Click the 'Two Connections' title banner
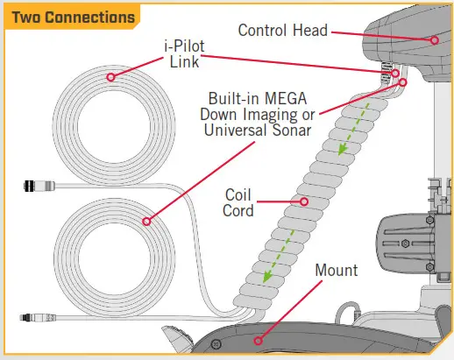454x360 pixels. pyautogui.click(x=73, y=17)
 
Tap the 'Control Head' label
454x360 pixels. pyautogui.click(x=283, y=31)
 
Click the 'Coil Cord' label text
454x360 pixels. pyautogui.click(x=238, y=203)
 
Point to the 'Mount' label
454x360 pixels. pyautogui.click(x=337, y=270)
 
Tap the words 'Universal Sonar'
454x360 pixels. pyautogui.click(x=258, y=131)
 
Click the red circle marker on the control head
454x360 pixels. pyautogui.click(x=435, y=40)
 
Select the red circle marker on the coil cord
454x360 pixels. pyautogui.click(x=304, y=201)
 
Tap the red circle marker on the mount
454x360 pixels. pyautogui.click(x=258, y=341)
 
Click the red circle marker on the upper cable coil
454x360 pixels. pyautogui.click(x=110, y=77)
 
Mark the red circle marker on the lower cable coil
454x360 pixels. pyautogui.click(x=146, y=222)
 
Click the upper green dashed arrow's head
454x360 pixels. pyautogui.click(x=342, y=150)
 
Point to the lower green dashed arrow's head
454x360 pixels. pyautogui.click(x=267, y=277)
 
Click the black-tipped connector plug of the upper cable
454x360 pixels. pyautogui.click(x=39, y=186)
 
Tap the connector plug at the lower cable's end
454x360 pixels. pyautogui.click(x=38, y=317)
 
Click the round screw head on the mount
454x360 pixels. pyautogui.click(x=216, y=344)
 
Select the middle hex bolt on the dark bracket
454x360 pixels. pyautogui.click(x=405, y=244)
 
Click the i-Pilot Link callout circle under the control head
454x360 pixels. pyautogui.click(x=395, y=73)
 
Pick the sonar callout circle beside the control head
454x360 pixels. pyautogui.click(x=402, y=82)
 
